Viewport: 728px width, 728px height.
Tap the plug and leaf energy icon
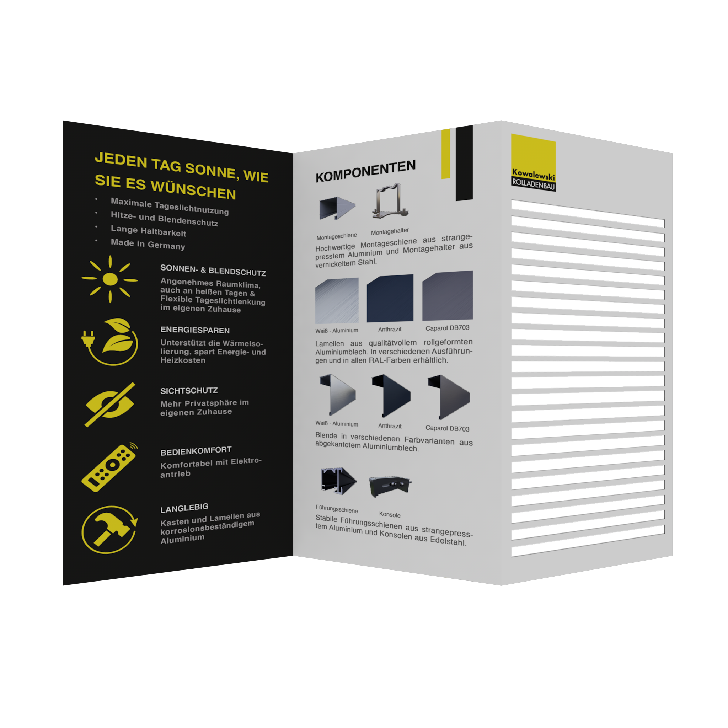pyautogui.click(x=110, y=342)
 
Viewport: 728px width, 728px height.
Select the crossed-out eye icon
pyautogui.click(x=109, y=405)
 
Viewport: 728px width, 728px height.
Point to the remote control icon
pyautogui.click(x=109, y=467)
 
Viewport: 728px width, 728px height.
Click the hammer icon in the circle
pyautogui.click(x=109, y=530)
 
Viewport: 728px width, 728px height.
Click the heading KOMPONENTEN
pyautogui.click(x=365, y=171)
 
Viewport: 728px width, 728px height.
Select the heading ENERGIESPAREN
pyautogui.click(x=195, y=330)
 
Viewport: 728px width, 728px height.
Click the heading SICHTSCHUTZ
pyautogui.click(x=189, y=390)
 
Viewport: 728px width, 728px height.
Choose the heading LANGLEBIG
pyautogui.click(x=184, y=508)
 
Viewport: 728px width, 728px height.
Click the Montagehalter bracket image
pyautogui.click(x=390, y=201)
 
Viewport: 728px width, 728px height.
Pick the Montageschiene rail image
pyautogui.click(x=337, y=208)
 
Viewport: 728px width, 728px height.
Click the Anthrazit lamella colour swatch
pyautogui.click(x=390, y=298)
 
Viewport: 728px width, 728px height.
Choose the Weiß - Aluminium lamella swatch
pyautogui.click(x=337, y=300)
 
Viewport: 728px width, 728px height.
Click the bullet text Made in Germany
pyautogui.click(x=148, y=244)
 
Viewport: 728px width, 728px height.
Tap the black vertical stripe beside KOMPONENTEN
pyautogui.click(x=464, y=163)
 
